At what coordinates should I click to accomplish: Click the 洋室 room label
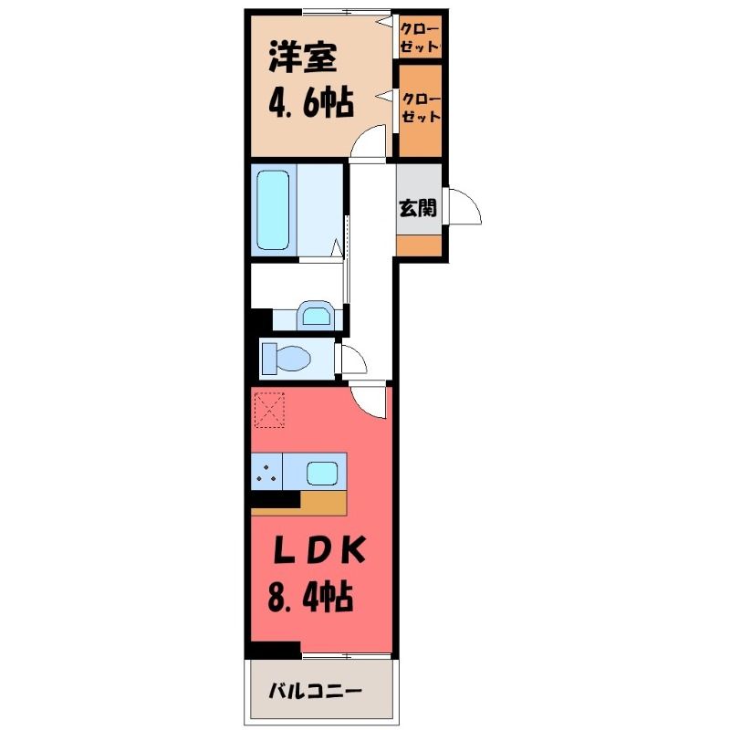[302, 57]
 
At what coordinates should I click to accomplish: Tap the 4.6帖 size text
[311, 101]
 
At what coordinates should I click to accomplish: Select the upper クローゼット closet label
[420, 37]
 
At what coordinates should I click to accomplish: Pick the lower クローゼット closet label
[421, 108]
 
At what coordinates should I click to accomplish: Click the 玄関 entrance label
[418, 208]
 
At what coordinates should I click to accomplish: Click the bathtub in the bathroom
[273, 210]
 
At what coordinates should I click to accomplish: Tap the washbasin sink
[316, 315]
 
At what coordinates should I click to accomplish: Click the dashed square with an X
[269, 410]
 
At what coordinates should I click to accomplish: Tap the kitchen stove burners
[266, 472]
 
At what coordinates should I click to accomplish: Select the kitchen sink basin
[322, 473]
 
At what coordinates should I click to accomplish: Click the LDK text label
[318, 551]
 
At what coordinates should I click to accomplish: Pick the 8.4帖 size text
[310, 597]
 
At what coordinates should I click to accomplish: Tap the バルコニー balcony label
[315, 691]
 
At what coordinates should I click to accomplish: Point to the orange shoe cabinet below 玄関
[419, 245]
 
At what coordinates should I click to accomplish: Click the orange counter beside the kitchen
[324, 504]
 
